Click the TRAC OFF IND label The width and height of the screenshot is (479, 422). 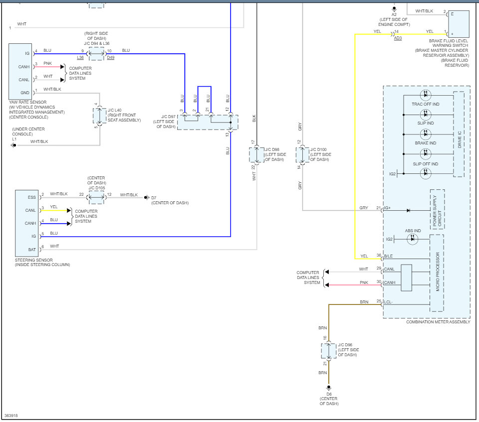click(425, 104)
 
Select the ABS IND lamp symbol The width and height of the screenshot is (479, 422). click(412, 239)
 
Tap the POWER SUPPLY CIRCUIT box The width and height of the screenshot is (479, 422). click(437, 210)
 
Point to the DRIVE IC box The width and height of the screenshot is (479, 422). click(459, 134)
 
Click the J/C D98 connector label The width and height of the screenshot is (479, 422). click(275, 154)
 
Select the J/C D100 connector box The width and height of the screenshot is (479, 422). click(302, 154)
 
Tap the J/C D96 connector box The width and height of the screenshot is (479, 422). click(329, 351)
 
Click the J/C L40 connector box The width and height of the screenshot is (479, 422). click(99, 115)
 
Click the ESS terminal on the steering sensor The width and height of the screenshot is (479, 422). click(31, 197)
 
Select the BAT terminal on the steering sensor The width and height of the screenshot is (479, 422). click(31, 249)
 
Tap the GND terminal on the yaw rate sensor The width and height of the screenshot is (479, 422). click(24, 93)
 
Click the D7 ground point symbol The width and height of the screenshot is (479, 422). click(146, 198)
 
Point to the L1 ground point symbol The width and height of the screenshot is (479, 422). click(14, 145)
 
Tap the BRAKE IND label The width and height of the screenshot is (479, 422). click(425, 143)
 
